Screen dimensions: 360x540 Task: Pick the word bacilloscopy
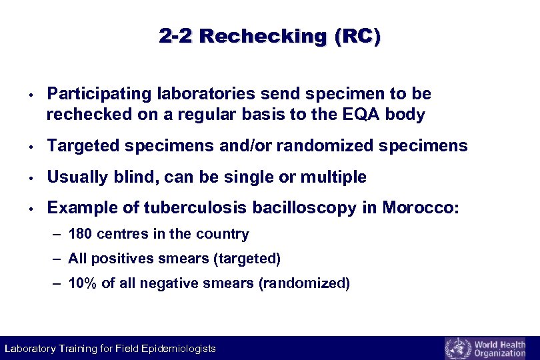coord(307,208)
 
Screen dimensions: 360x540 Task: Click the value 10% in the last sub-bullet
coord(83,283)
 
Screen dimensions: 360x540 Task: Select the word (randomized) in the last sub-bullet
coord(303,283)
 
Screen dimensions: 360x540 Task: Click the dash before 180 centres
coord(58,235)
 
